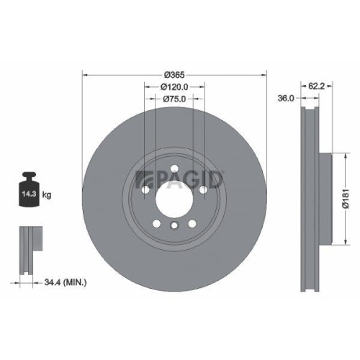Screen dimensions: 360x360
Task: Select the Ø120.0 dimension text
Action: tap(174, 87)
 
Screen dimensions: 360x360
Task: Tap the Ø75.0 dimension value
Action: tap(174, 99)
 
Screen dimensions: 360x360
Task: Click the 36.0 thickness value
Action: tap(286, 99)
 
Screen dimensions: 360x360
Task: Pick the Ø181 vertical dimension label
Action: tap(346, 195)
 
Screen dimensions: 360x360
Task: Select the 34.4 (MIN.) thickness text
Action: tap(64, 283)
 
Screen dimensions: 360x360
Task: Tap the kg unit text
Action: tap(47, 195)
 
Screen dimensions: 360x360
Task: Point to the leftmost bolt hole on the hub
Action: tap(145, 189)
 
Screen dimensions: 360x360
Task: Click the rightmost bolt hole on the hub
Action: tap(202, 189)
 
